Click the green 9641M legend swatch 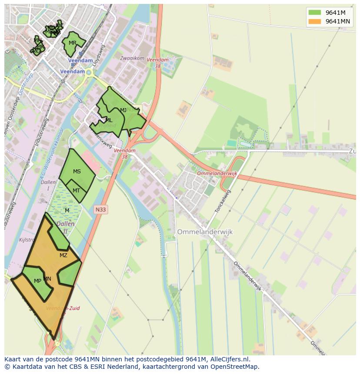point(314,12)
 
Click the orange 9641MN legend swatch point(314,21)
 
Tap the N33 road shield point(100,210)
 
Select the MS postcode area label point(77,172)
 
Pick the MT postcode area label point(76,191)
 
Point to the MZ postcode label point(63,255)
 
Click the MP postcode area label point(37,281)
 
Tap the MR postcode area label point(73,43)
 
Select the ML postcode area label point(109,120)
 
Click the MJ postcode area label point(123,110)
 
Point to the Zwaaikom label point(132,58)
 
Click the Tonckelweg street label point(223,201)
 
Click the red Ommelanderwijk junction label point(217,173)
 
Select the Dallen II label point(66,227)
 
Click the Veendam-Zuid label point(63,308)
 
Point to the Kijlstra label point(27,240)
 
